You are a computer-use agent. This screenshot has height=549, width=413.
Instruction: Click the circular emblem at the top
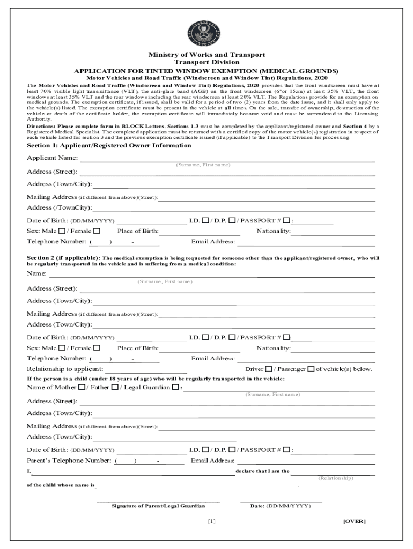206,33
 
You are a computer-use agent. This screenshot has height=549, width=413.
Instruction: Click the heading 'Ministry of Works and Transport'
206,55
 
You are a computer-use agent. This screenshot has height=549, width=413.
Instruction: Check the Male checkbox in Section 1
62,231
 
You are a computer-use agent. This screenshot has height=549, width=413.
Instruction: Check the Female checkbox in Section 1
97,231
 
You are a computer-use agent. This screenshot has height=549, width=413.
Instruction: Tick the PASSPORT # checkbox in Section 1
286,220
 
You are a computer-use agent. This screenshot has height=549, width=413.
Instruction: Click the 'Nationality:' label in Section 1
274,231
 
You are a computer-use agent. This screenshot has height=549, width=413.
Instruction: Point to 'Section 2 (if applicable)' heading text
63,258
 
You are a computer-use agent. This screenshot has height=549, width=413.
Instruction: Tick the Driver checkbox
269,369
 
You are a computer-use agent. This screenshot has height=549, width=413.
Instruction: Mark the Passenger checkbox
311,369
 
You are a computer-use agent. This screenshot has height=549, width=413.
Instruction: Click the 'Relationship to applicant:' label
65,369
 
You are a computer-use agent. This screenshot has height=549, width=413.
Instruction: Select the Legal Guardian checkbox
175,387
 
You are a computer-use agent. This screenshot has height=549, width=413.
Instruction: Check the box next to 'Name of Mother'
81,387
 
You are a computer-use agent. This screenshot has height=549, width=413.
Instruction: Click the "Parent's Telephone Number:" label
69,461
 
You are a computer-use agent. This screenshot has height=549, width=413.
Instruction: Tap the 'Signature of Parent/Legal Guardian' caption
158,506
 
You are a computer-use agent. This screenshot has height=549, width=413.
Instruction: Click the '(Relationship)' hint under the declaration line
336,478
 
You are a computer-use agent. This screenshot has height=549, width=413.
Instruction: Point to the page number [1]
211,521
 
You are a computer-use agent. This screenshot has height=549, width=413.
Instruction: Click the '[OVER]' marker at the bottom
354,521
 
